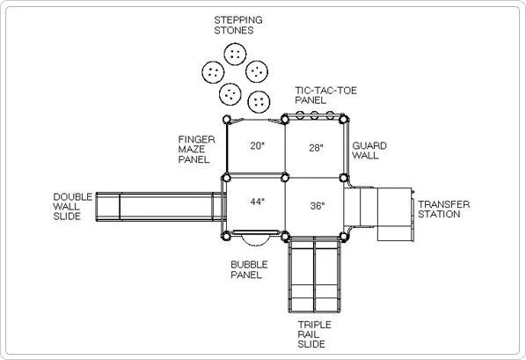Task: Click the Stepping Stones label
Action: point(238,26)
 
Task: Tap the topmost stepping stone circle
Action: point(235,54)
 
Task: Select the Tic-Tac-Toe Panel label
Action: point(325,95)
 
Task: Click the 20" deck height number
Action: point(258,146)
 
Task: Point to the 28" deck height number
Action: point(316,148)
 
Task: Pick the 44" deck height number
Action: point(258,202)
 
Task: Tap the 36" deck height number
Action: point(318,205)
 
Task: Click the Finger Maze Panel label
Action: point(196,150)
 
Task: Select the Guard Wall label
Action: point(369,151)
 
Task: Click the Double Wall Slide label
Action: point(72,207)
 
